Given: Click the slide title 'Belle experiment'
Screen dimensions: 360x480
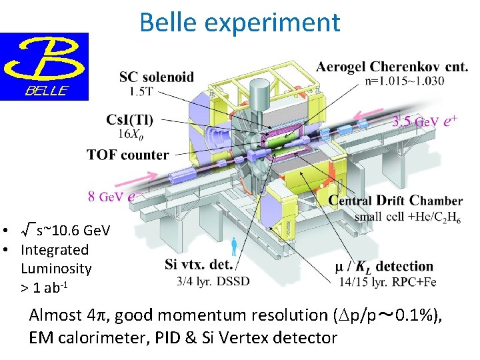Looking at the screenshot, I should coord(239,22).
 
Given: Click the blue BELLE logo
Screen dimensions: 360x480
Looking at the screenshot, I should coord(44,66).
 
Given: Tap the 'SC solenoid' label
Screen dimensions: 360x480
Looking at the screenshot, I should coord(157,77).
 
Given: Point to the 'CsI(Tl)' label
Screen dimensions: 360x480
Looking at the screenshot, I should coord(129,120).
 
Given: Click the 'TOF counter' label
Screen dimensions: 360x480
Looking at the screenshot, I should coord(127,155).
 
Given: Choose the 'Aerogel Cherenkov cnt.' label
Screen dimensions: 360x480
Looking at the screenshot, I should coord(392,67).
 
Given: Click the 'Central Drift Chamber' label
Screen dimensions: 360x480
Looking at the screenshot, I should coord(396,201).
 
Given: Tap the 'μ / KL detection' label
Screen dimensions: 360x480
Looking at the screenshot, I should coord(385,267).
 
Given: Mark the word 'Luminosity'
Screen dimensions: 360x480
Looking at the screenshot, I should coord(56,269).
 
